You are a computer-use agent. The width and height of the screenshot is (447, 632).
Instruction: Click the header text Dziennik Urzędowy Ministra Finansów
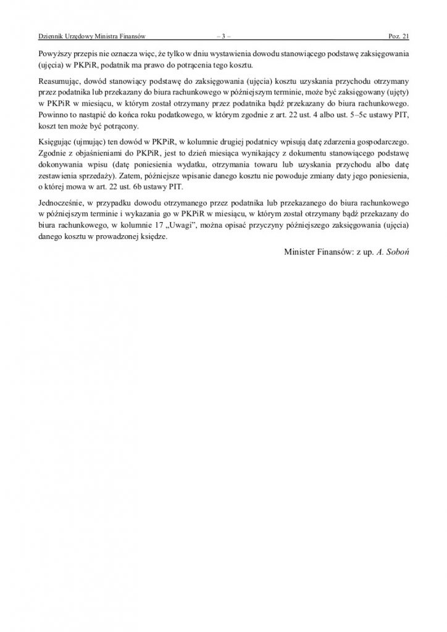point(91,37)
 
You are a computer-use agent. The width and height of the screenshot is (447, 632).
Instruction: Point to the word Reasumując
point(61,81)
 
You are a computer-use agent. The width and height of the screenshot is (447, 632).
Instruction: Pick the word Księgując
point(57,141)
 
